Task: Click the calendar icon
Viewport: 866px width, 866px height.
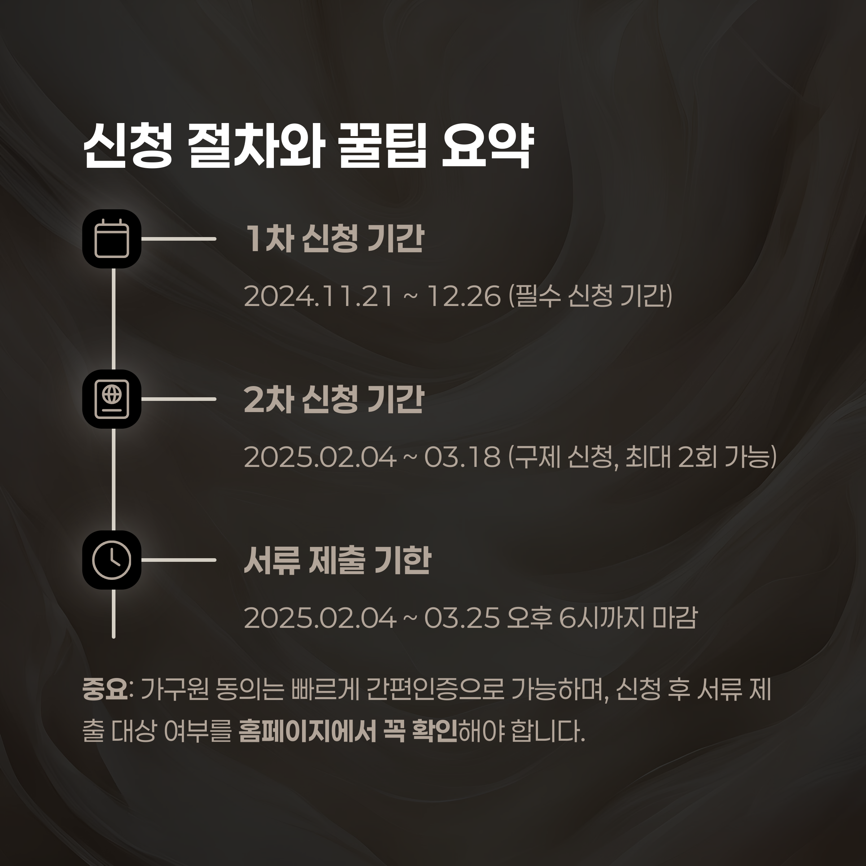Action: click(111, 239)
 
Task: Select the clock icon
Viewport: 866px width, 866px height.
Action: click(111, 560)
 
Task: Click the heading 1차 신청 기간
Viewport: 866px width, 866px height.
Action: click(334, 239)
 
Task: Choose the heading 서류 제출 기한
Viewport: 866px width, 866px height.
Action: click(337, 560)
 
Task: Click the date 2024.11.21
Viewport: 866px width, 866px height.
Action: click(319, 296)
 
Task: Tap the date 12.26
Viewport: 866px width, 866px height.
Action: click(464, 296)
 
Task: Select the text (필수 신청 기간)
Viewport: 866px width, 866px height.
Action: click(590, 296)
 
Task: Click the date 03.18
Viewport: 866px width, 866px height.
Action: click(462, 457)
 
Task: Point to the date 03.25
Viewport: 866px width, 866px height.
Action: click(462, 618)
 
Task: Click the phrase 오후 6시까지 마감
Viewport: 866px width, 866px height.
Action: click(602, 618)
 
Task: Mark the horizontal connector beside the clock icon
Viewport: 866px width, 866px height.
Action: click(179, 560)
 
